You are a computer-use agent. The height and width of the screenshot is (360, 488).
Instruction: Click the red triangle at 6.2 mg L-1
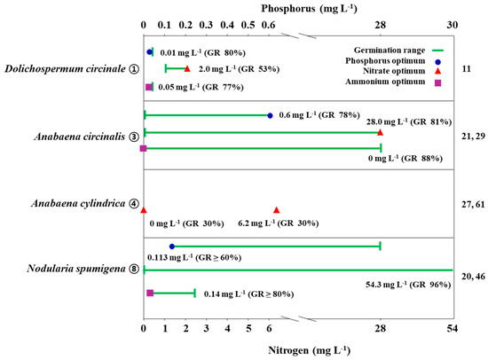point(277,210)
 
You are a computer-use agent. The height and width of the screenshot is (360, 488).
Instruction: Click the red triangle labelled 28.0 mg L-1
point(380,131)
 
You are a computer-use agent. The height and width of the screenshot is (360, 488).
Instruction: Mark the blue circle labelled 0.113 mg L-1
point(172,247)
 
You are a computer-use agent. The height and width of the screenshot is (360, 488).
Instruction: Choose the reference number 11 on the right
point(468,67)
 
